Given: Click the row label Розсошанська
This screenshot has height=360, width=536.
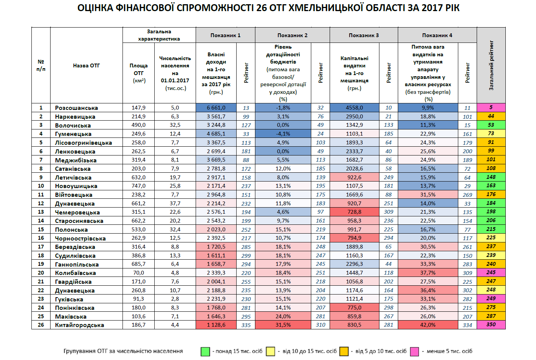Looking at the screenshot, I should pyautogui.click(x=76, y=108).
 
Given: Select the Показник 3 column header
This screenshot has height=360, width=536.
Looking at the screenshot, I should pyautogui.click(x=363, y=35).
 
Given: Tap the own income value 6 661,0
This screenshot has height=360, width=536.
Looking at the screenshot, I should pyautogui.click(x=216, y=108).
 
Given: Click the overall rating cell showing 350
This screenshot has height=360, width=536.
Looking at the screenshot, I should pyautogui.click(x=491, y=325).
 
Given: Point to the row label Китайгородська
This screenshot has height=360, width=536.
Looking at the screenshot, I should pyautogui.click(x=79, y=325).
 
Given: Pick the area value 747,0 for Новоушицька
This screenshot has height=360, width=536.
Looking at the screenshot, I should pyautogui.click(x=138, y=186).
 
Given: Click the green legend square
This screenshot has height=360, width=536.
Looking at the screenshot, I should pyautogui.click(x=205, y=351).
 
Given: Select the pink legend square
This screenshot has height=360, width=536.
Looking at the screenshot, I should pyautogui.click(x=414, y=351).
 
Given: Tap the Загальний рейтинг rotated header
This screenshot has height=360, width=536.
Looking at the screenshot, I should pyautogui.click(x=491, y=65).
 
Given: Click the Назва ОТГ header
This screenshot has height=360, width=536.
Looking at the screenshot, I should pyautogui.click(x=86, y=65).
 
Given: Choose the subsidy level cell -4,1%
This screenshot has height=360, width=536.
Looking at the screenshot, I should pyautogui.click(x=283, y=134).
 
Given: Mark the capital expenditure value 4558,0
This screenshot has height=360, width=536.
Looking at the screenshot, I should pyautogui.click(x=354, y=108).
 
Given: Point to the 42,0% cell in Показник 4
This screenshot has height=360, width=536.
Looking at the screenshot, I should pyautogui.click(x=428, y=325).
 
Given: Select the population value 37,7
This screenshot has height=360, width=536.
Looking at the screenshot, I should pyautogui.click(x=175, y=203).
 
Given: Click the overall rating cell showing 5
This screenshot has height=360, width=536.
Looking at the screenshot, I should pyautogui.click(x=491, y=108).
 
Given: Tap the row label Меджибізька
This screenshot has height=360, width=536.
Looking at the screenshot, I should pyautogui.click(x=75, y=160).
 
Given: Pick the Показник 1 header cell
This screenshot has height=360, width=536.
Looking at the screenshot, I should pyautogui.click(x=225, y=35).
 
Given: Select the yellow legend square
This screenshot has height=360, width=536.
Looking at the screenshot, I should pyautogui.click(x=271, y=351).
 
